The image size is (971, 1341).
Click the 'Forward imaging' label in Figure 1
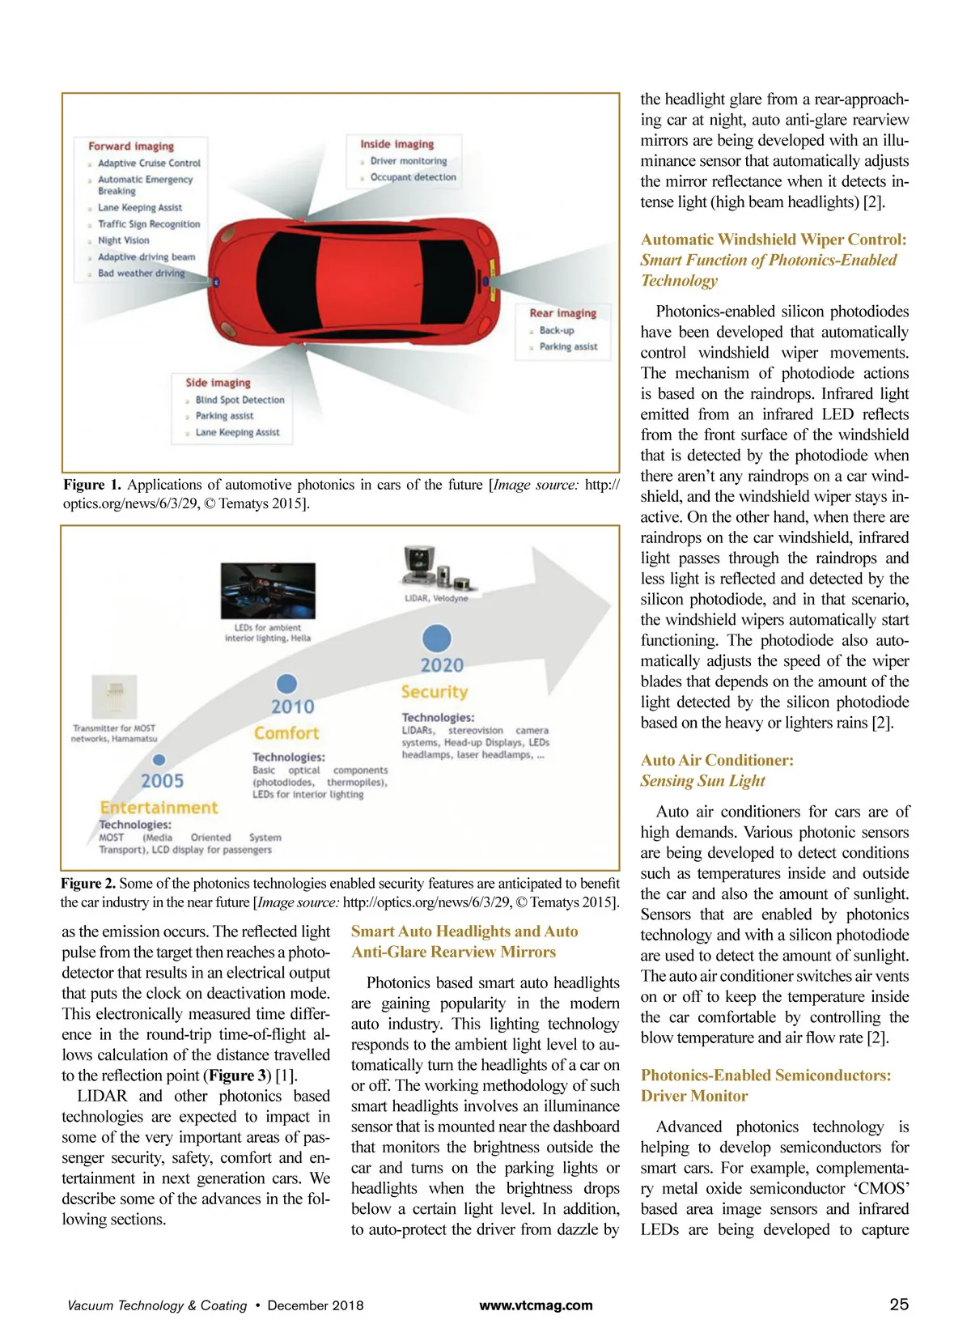(x=131, y=146)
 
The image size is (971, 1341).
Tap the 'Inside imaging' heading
(x=396, y=144)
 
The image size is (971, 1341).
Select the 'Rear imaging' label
(x=562, y=313)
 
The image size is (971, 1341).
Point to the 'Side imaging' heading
(x=218, y=383)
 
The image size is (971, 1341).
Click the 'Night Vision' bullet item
(x=123, y=240)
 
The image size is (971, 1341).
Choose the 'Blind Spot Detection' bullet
(x=240, y=400)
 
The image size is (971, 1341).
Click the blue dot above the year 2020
(x=437, y=639)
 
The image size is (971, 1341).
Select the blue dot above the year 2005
(x=159, y=760)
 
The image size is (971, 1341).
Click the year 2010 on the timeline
(x=292, y=707)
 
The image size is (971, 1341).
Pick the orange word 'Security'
(x=435, y=692)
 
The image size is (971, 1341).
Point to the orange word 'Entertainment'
(x=159, y=808)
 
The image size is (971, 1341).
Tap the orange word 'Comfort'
(x=286, y=733)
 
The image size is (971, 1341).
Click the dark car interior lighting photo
(x=268, y=591)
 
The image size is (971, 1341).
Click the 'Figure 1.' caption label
(x=92, y=485)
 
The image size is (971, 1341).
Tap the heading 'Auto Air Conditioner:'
(x=717, y=760)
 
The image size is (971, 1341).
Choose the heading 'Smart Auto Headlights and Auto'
(x=464, y=931)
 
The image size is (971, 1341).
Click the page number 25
(x=899, y=1305)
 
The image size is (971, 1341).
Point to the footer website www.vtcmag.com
(x=536, y=1305)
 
